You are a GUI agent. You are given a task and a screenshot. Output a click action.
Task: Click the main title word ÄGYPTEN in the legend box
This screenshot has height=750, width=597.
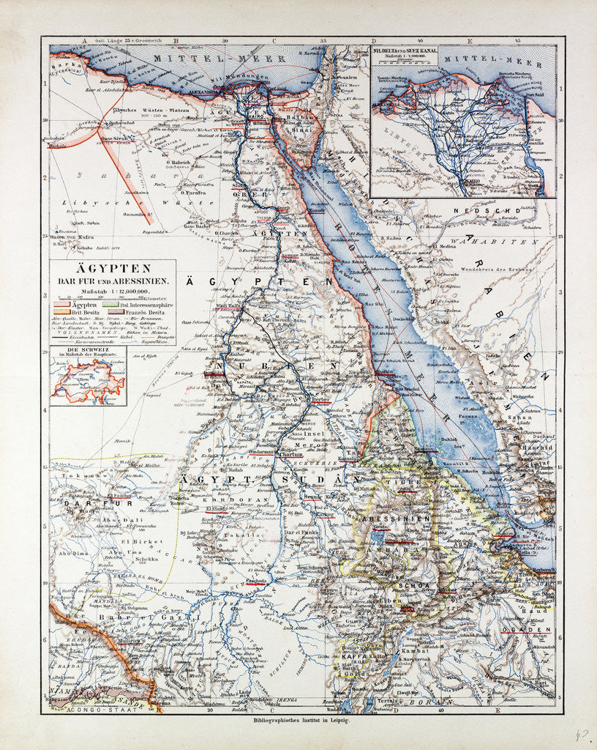tap(112, 269)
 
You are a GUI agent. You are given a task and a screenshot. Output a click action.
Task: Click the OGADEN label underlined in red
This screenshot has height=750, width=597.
tap(533, 629)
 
